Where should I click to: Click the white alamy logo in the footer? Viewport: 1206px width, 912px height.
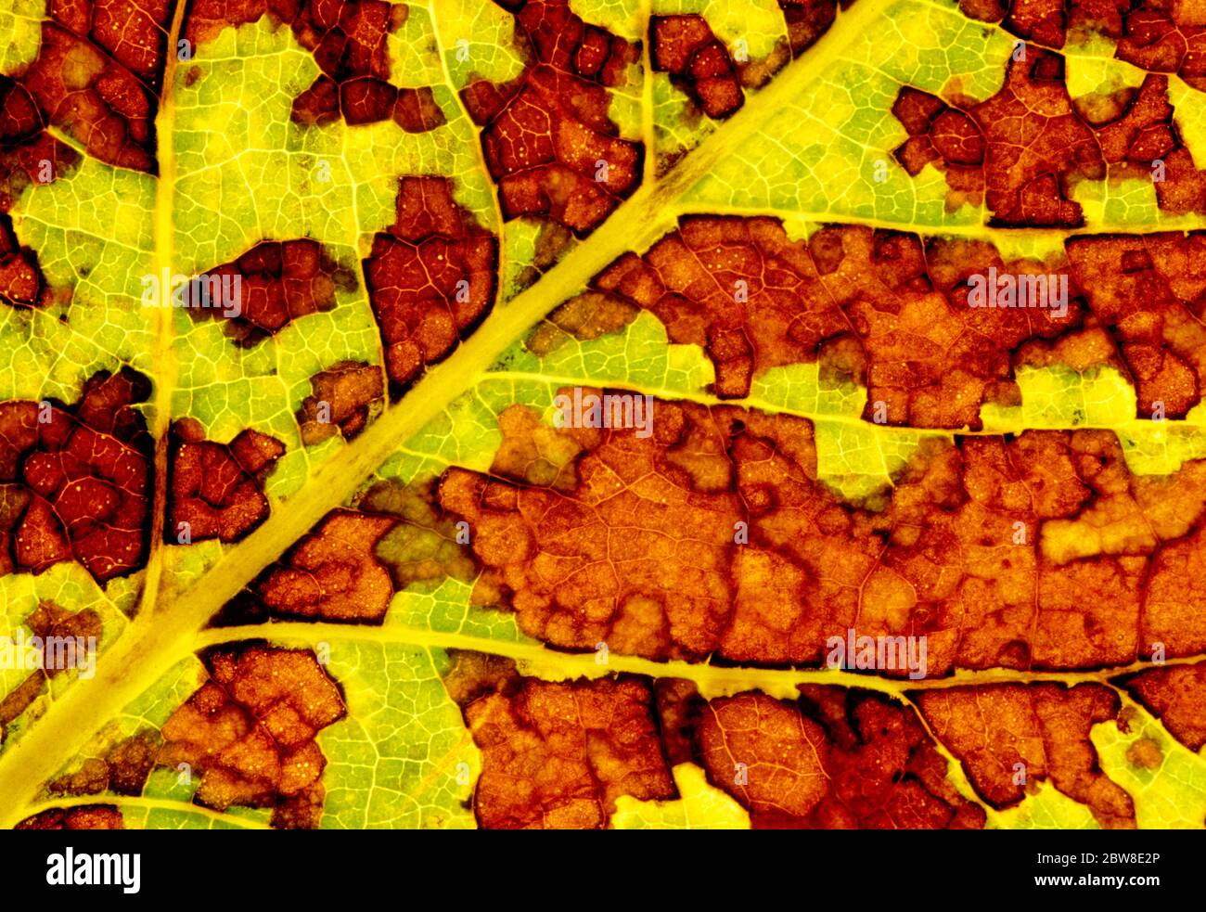(94, 871)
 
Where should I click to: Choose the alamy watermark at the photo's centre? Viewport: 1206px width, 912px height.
(603, 414)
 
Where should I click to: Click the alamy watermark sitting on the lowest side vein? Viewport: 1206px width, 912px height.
(876, 654)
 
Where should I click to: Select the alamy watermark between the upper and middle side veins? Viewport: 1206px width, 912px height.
(1017, 291)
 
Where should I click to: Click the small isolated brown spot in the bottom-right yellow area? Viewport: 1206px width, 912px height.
(1144, 752)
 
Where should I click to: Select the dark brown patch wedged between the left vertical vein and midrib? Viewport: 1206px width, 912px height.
(218, 487)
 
